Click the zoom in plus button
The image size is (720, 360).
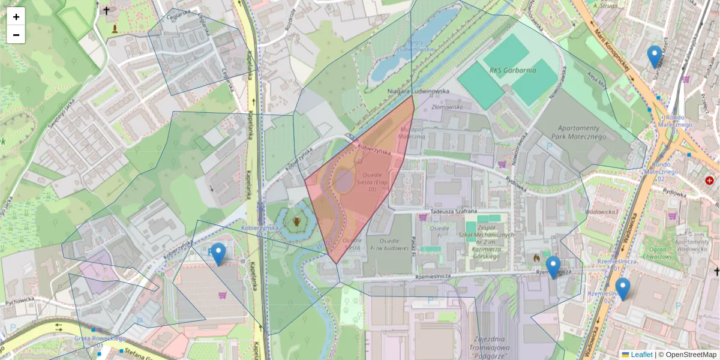point(16,17)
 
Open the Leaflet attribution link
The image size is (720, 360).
point(641,355)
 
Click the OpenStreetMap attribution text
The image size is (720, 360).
point(690,355)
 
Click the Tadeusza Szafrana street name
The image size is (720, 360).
point(452,211)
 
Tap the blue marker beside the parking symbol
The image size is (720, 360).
point(218,254)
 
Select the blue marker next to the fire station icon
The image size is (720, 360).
point(553,267)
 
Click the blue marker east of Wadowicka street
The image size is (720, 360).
point(623,289)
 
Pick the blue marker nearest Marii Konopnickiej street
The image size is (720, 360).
point(655,56)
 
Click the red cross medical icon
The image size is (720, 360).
point(710,181)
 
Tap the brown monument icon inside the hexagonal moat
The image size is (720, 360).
point(297,223)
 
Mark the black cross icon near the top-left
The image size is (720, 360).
point(107,11)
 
